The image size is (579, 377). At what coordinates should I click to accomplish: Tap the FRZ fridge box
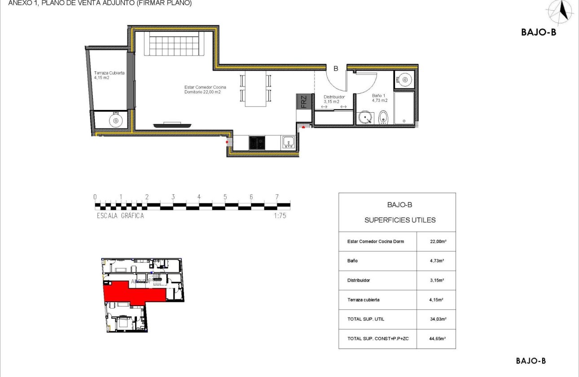[303, 102]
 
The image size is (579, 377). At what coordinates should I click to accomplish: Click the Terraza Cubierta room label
[109, 75]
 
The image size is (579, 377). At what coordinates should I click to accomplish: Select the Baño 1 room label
[379, 98]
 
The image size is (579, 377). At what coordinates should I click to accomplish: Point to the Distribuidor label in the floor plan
[334, 99]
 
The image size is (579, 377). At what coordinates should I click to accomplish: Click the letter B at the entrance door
[335, 69]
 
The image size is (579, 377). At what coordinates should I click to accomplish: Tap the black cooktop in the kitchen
[257, 143]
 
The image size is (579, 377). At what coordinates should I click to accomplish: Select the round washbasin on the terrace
[116, 120]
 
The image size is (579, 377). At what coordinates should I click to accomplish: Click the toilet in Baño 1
[382, 118]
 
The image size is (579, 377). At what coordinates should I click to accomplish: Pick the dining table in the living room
[255, 88]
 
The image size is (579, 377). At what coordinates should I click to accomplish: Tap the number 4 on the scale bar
[199, 197]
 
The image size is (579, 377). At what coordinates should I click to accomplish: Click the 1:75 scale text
[280, 215]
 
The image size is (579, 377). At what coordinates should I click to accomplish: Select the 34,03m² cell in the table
[436, 319]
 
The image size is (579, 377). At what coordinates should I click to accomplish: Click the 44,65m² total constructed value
[436, 338]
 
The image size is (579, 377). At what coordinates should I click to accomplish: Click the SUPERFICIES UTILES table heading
[399, 220]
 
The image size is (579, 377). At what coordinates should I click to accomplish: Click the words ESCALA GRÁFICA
[120, 215]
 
